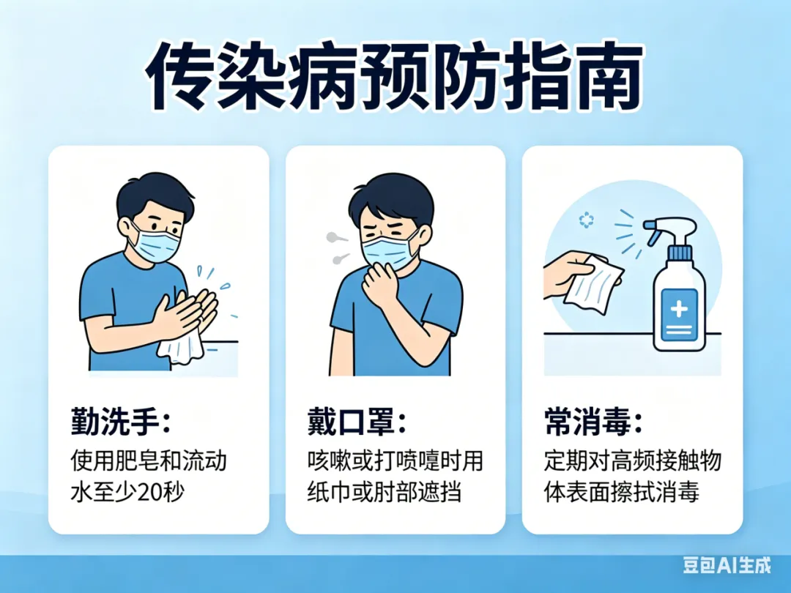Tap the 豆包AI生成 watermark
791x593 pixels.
coord(727,564)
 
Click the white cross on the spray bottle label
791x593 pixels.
coord(679,309)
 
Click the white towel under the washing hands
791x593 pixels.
coord(182,347)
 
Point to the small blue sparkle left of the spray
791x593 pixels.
coord(586,220)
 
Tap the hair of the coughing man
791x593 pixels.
coord(391,198)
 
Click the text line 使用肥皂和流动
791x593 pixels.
coord(149,460)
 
